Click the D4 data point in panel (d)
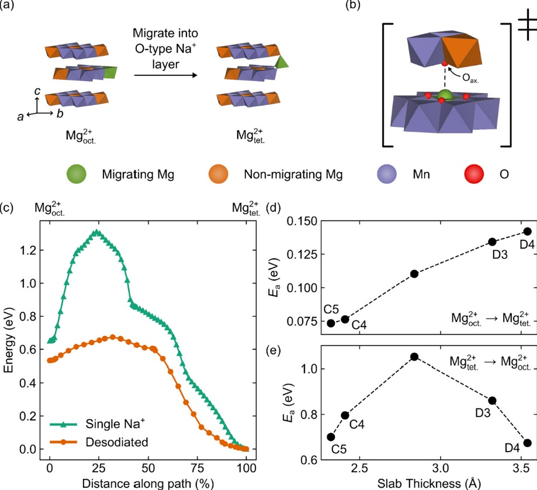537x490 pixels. click(528, 232)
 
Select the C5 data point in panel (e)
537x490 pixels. click(331, 437)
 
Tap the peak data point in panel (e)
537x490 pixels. click(414, 357)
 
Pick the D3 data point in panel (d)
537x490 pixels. click(492, 242)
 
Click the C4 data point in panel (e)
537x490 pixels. click(345, 415)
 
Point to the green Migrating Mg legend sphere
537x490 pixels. click(77, 174)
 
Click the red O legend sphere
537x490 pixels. click(474, 174)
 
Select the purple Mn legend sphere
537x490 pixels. click(387, 174)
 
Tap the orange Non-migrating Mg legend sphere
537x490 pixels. click(219, 174)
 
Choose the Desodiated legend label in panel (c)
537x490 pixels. click(117, 442)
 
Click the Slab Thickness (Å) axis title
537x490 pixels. click(429, 484)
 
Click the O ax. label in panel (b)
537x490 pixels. click(470, 78)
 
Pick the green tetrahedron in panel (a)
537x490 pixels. click(282, 62)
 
